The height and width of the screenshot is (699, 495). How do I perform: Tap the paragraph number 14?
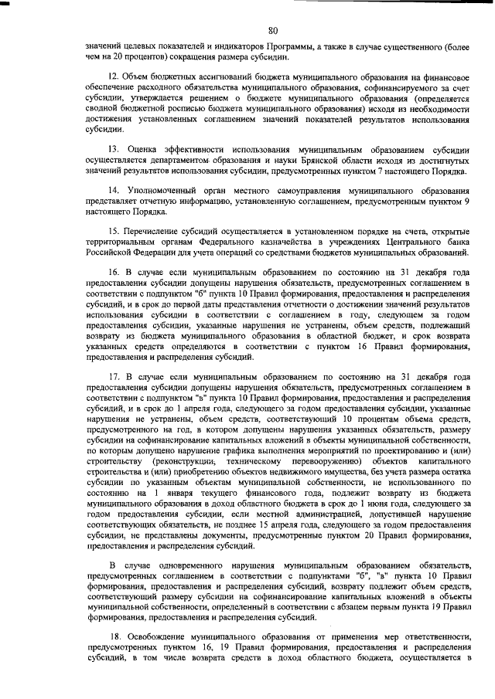pos(114,190)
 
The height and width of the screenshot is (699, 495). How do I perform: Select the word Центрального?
pos(404,242)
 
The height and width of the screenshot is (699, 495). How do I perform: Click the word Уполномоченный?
pos(161,190)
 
